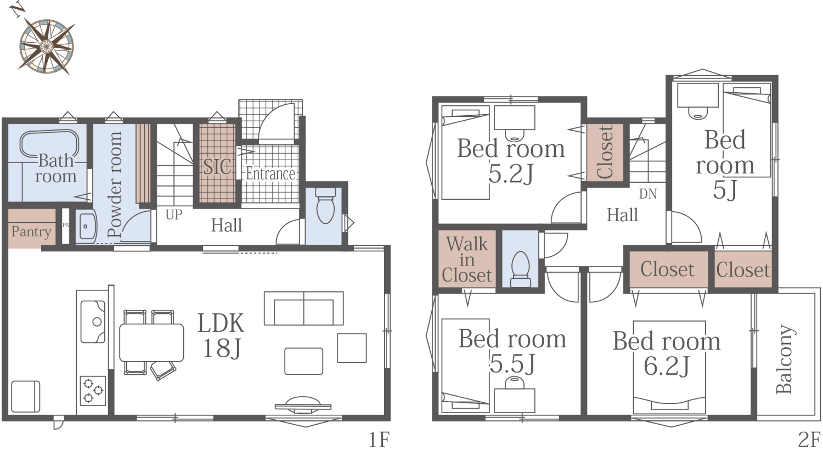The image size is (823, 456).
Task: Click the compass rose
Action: [46, 46]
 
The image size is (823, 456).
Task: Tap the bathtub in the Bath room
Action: [49, 144]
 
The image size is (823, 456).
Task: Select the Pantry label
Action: [31, 232]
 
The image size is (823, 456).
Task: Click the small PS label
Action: [65, 225]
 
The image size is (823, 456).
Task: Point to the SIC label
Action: [217, 166]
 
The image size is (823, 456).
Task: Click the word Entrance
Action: [270, 174]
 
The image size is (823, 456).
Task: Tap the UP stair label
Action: [174, 215]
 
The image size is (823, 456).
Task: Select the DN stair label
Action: [648, 194]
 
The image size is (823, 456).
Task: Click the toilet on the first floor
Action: [325, 206]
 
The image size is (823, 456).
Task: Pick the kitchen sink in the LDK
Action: [93, 322]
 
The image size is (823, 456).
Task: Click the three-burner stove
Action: [93, 390]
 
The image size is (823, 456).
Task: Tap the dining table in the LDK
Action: [151, 342]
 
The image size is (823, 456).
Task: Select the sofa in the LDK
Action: [304, 308]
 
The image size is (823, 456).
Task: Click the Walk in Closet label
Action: [466, 260]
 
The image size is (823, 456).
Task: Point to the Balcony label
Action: [785, 359]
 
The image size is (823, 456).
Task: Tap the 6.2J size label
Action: [666, 366]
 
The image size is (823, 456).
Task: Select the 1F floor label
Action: [379, 440]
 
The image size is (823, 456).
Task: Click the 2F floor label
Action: [809, 440]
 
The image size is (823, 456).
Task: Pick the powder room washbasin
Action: [86, 226]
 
